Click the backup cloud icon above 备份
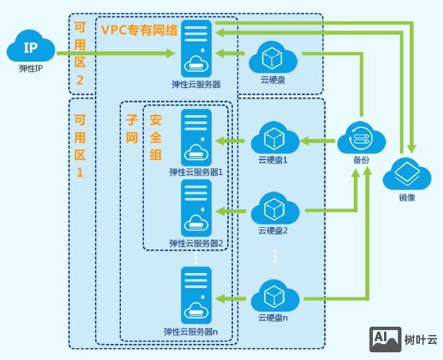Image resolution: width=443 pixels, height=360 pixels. [x=360, y=137]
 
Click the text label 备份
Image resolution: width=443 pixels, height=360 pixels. [x=360, y=160]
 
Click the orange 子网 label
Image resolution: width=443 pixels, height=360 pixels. [x=132, y=127]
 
